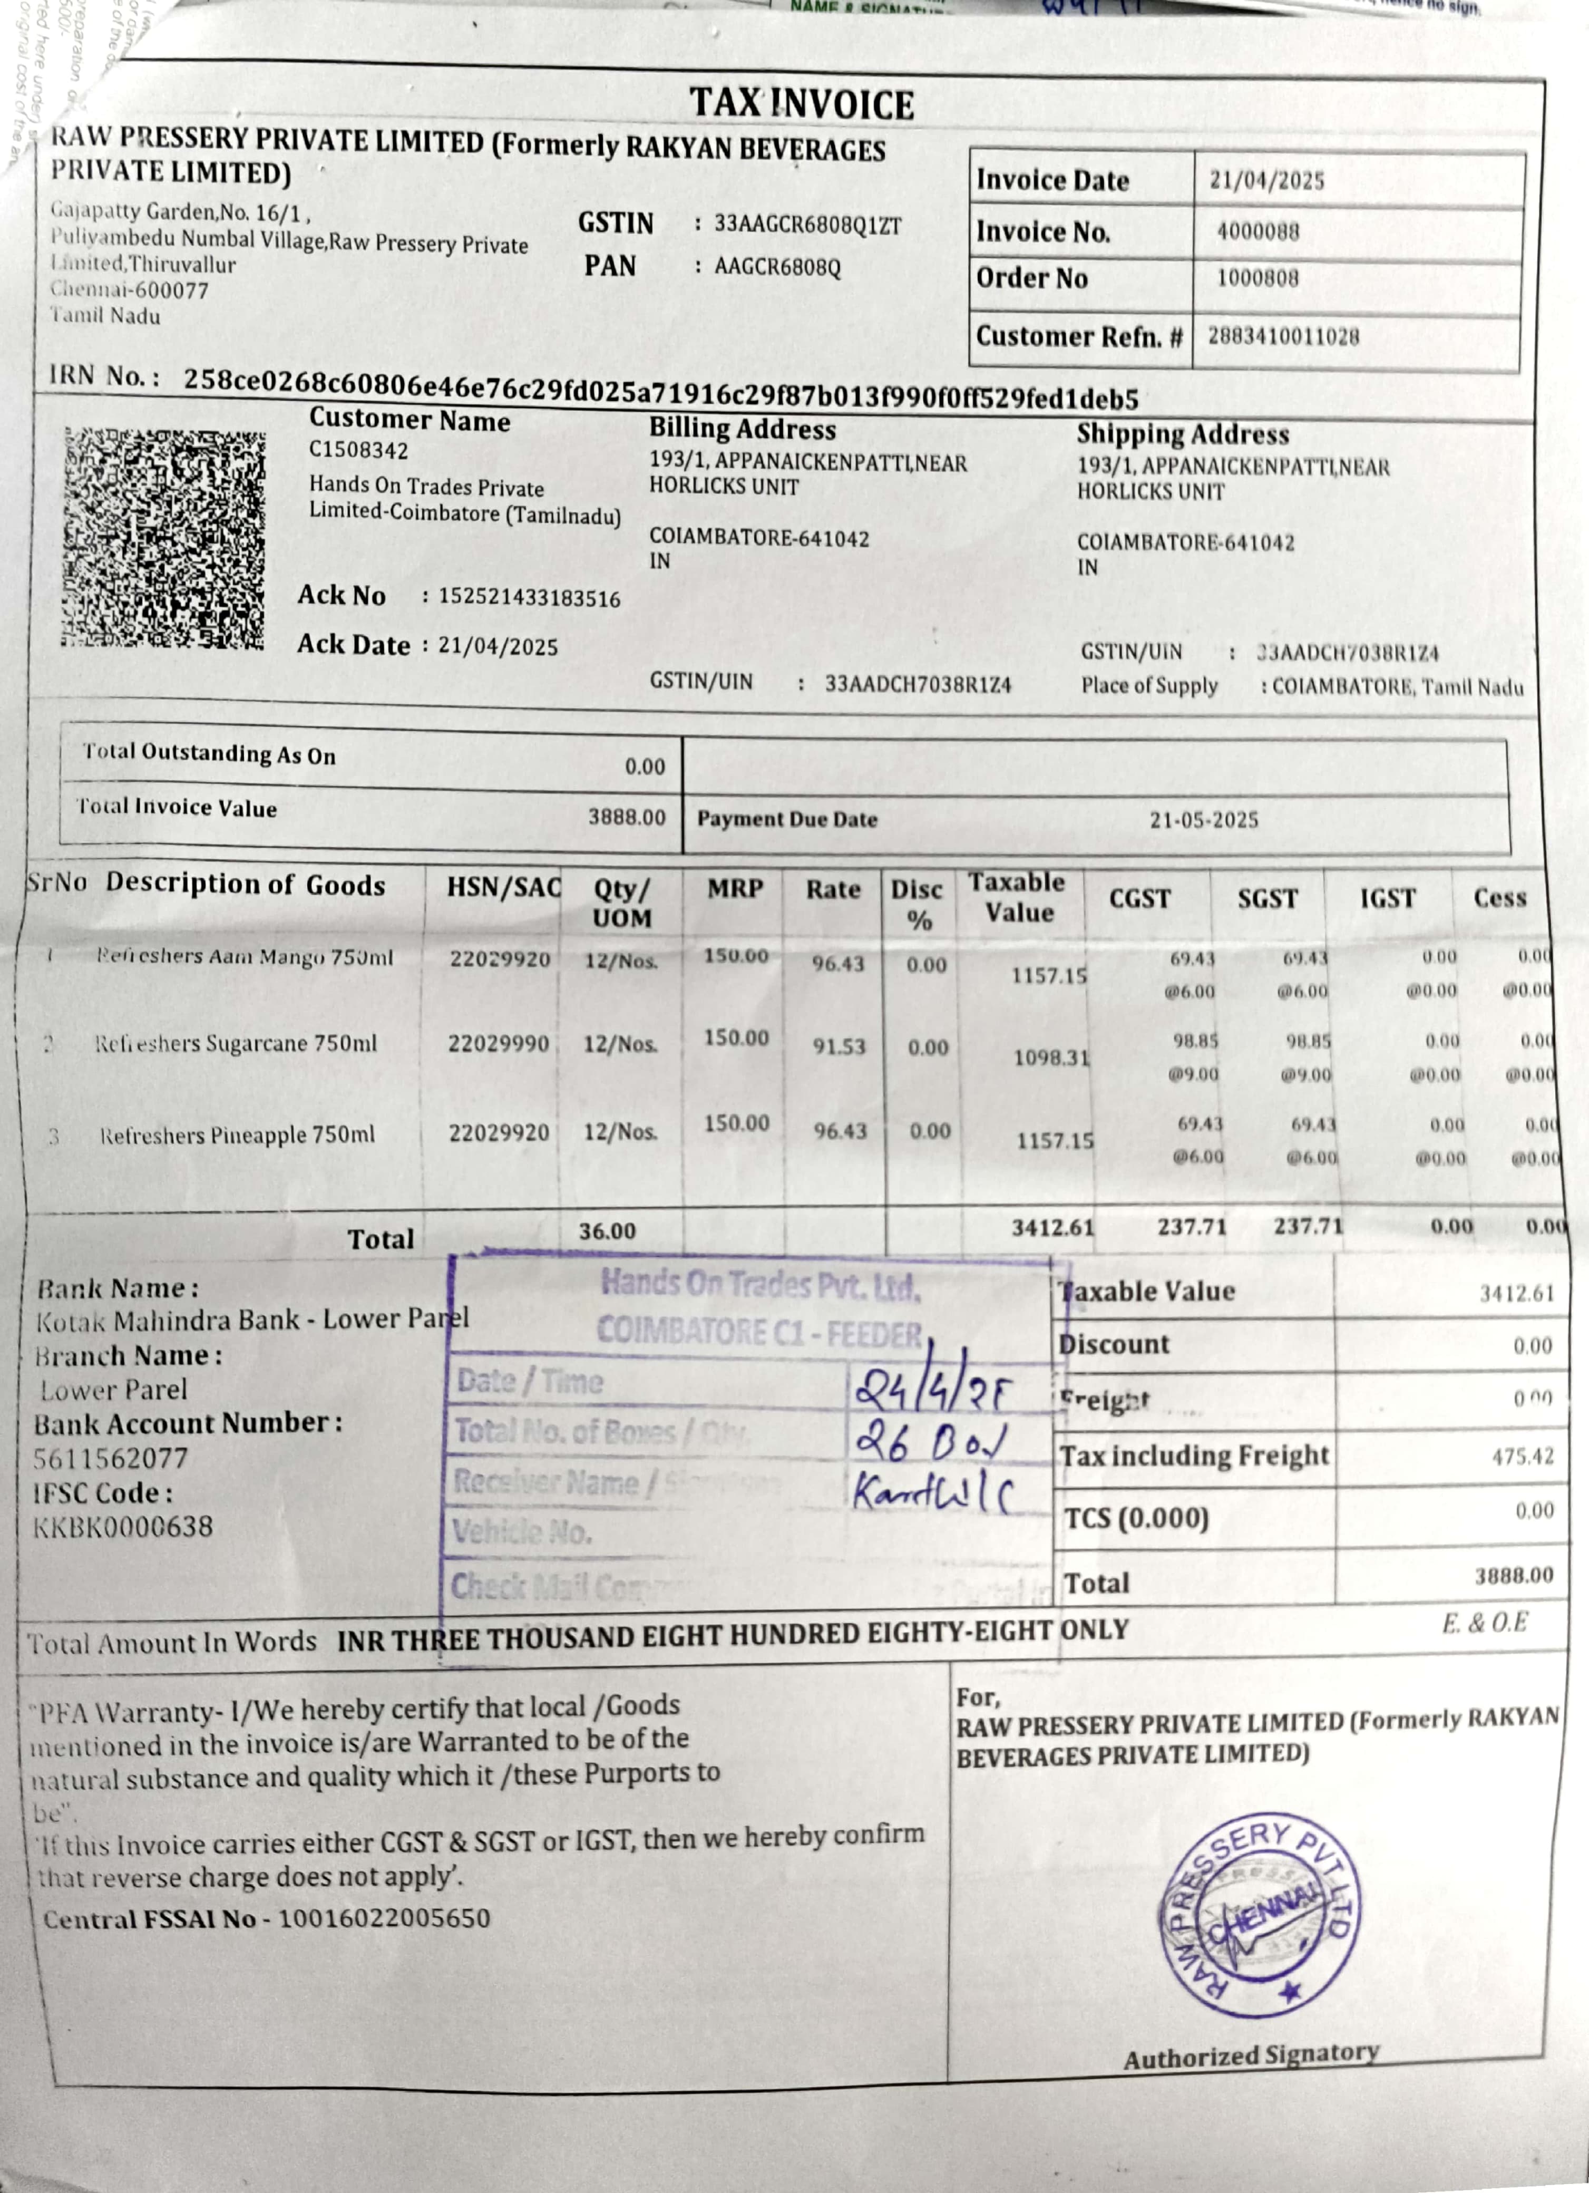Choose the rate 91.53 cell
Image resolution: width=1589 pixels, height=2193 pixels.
(838, 1047)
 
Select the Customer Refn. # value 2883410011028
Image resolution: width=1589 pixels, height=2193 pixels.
(1283, 336)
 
